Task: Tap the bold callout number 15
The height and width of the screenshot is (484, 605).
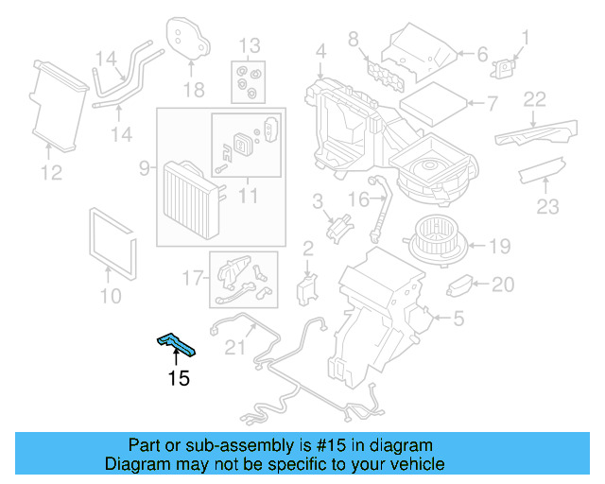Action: [178, 379]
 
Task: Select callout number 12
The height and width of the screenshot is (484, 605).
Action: [51, 172]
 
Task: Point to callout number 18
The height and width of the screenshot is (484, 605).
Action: [193, 90]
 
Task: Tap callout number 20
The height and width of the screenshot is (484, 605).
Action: [503, 284]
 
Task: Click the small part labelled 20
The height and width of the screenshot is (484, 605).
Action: [463, 284]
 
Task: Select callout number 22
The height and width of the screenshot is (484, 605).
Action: [535, 98]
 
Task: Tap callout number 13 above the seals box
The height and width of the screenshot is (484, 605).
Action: [248, 45]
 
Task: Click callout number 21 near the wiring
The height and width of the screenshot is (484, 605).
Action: [233, 348]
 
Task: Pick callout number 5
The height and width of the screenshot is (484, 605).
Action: [458, 320]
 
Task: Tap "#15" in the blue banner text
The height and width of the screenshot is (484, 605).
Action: [341, 445]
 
